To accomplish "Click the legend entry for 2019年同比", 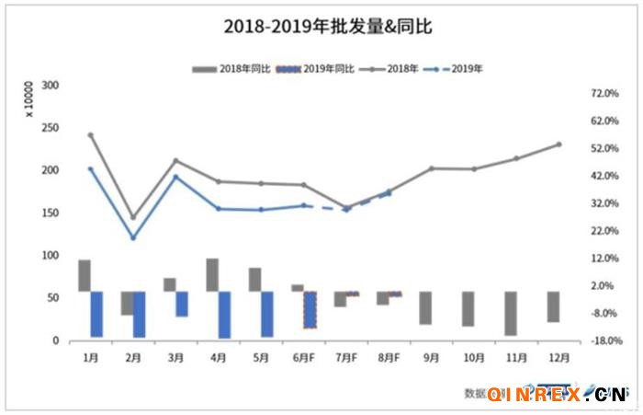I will pos(316,69).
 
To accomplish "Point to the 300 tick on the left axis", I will pos(51,86).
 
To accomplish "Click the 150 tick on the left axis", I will pos(51,213).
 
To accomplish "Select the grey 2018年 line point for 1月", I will pos(91,134).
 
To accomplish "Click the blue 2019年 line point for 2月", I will pos(133,238).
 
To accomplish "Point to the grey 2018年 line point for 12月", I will pos(558,144).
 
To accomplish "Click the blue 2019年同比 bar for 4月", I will pos(224,315).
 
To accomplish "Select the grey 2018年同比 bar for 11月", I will pos(510,313).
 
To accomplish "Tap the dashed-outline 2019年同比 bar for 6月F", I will pos(310,309).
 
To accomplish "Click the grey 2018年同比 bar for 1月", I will pos(85,275).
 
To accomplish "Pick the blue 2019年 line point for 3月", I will pos(176,177).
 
